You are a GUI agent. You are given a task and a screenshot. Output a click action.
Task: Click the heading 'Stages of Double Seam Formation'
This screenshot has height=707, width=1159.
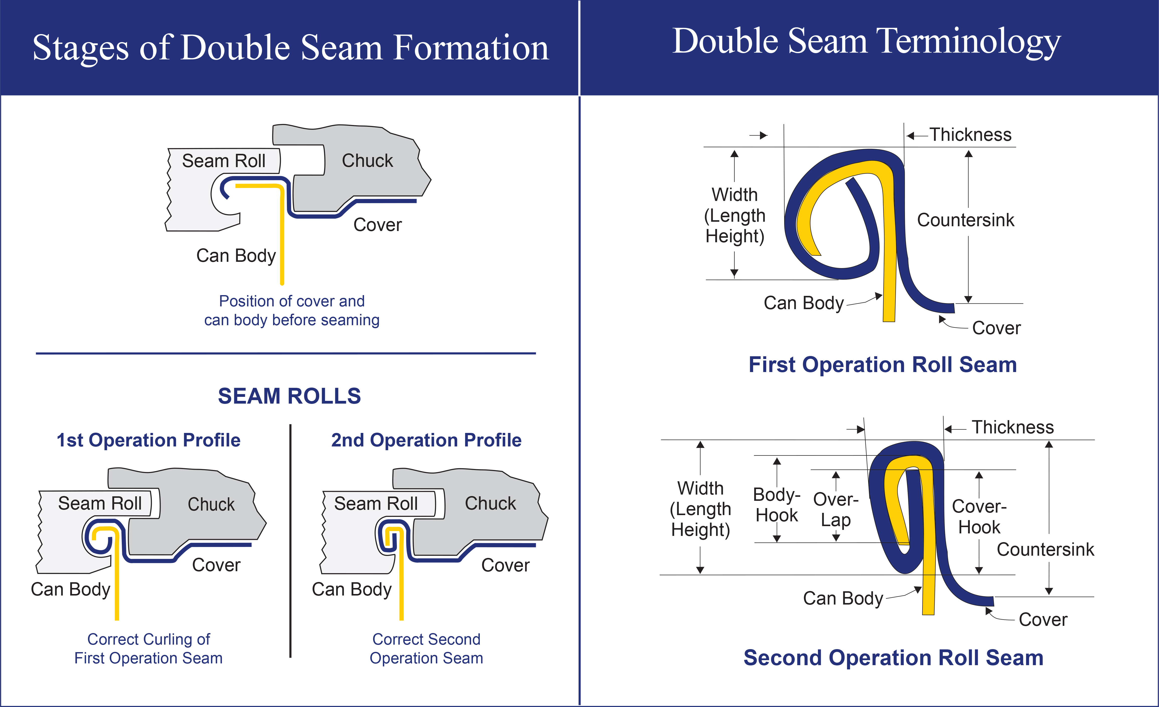pos(290,48)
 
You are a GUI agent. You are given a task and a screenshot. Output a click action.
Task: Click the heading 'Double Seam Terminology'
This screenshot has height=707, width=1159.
pos(866,42)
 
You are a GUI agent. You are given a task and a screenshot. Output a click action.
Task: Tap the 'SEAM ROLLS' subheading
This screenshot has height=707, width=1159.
pos(289,396)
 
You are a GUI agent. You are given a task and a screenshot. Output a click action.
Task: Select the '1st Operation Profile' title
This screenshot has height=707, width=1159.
pos(149,440)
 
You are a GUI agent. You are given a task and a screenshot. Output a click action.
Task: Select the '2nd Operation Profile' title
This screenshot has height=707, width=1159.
pos(426,440)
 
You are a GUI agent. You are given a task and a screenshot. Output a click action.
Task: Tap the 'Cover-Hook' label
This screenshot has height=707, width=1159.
pos(979,517)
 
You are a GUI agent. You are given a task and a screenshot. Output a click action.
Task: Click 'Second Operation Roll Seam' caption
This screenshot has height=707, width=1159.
pos(893,658)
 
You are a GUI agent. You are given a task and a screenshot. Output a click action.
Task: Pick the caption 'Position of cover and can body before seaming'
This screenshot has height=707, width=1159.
pos(292,310)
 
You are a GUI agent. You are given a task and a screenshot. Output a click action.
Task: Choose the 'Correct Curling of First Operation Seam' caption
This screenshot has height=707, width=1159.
pos(149,649)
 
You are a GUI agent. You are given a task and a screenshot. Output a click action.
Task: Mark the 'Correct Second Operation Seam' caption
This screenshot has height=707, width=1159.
pos(426,649)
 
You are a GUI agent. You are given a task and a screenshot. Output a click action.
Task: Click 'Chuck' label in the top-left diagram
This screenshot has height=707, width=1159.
pos(367,161)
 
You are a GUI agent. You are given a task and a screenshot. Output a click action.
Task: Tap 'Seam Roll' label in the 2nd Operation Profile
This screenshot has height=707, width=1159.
pos(376,504)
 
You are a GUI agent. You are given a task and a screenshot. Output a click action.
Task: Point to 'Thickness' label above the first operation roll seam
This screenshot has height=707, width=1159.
pos(970,135)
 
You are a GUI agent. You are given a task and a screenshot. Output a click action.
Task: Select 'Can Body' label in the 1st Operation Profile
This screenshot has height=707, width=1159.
pos(71,590)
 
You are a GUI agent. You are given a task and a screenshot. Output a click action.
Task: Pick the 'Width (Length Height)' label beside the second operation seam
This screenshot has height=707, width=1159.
pos(701,509)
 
